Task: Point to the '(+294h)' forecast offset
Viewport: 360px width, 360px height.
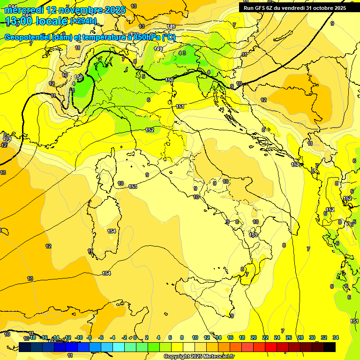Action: click(83, 21)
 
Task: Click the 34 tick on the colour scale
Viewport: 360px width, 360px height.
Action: click(336, 337)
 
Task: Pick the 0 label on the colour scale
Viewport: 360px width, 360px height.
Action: click(135, 337)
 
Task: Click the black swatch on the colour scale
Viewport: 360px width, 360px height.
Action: click(330, 347)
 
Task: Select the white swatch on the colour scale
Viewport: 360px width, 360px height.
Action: click(189, 347)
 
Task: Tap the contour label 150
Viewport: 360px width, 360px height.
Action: click(170, 80)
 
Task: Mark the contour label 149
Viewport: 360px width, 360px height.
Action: click(158, 49)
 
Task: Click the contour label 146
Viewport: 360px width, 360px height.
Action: click(171, 26)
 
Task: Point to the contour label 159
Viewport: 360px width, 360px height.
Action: click(79, 77)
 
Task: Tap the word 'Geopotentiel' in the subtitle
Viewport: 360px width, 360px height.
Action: click(28, 37)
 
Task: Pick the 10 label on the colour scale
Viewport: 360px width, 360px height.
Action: click(195, 337)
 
